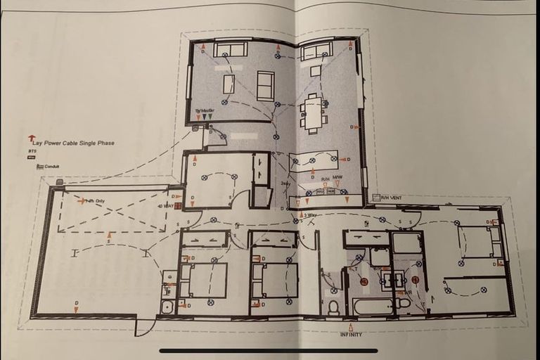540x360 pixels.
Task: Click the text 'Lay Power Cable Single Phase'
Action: [74, 143]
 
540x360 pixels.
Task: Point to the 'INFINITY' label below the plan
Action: [351, 335]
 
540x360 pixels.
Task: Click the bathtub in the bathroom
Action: [373, 307]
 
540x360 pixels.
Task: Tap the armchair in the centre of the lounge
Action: [265, 86]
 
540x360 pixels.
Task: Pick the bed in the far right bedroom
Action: [482, 241]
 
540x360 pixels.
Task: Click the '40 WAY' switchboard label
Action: [165, 206]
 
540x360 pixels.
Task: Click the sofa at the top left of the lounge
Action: [230, 50]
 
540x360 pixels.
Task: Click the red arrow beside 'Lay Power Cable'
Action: [32, 138]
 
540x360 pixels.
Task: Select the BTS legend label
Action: [32, 150]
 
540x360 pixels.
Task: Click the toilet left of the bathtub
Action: [333, 307]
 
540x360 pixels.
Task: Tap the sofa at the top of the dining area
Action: [316, 51]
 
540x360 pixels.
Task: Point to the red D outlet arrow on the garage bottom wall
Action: [76, 304]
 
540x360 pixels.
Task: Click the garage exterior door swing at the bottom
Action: [145, 326]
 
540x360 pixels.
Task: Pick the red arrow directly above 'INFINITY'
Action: [351, 326]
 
